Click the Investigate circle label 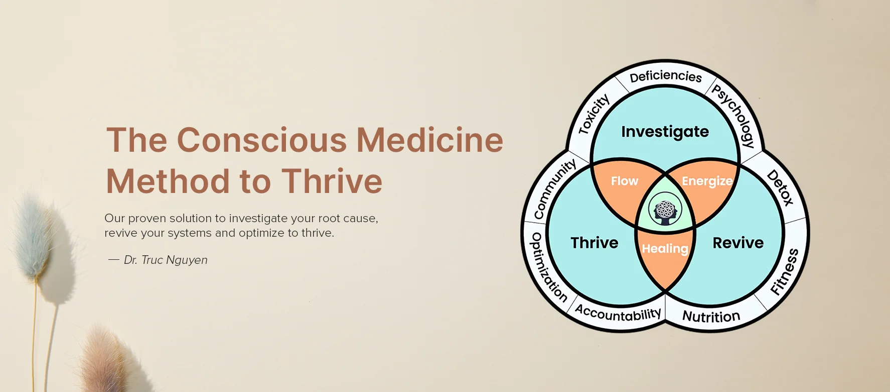[x=665, y=132]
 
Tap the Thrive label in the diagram [x=594, y=243]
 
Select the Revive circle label [x=738, y=243]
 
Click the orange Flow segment [x=624, y=181]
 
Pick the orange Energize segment [x=707, y=181]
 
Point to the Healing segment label [x=665, y=249]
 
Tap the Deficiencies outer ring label [x=666, y=76]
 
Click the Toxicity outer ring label [x=594, y=115]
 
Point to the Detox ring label [x=781, y=188]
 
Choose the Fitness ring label [x=784, y=272]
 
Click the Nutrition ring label [x=711, y=317]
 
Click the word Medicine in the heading [x=429, y=140]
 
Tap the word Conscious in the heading [x=261, y=140]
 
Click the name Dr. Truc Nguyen [x=166, y=260]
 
